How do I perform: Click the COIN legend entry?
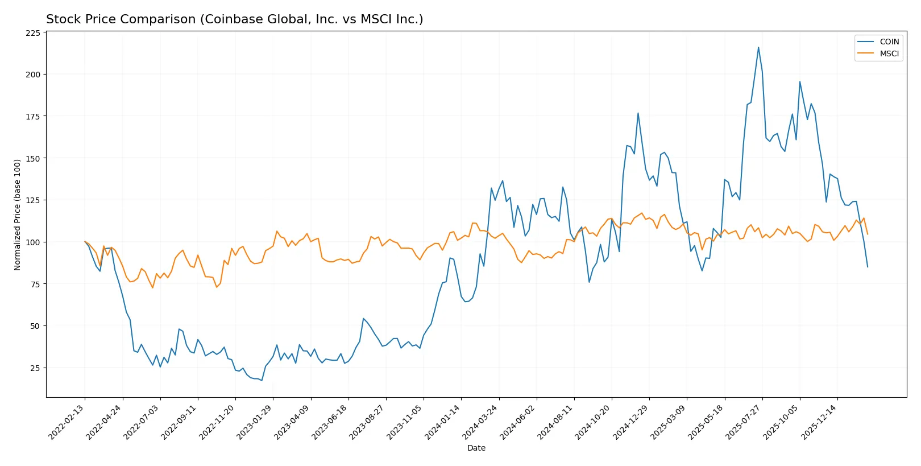pyautogui.click(x=889, y=42)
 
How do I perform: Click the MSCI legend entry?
pyautogui.click(x=889, y=53)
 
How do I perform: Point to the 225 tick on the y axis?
pyautogui.click(x=33, y=33)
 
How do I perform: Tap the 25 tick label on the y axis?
pyautogui.click(x=35, y=368)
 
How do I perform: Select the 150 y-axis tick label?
pyautogui.click(x=33, y=158)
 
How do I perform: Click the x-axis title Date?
pyautogui.click(x=476, y=448)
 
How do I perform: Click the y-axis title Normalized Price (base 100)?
pyautogui.click(x=18, y=215)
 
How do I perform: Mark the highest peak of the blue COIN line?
pyautogui.click(x=758, y=47)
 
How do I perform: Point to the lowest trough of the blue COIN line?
pyautogui.click(x=262, y=380)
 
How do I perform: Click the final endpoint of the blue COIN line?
pyautogui.click(x=868, y=267)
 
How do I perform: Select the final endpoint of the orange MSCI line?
pyautogui.click(x=868, y=234)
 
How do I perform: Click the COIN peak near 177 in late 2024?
pyautogui.click(x=638, y=113)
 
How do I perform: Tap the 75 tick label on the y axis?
pyautogui.click(x=35, y=284)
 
